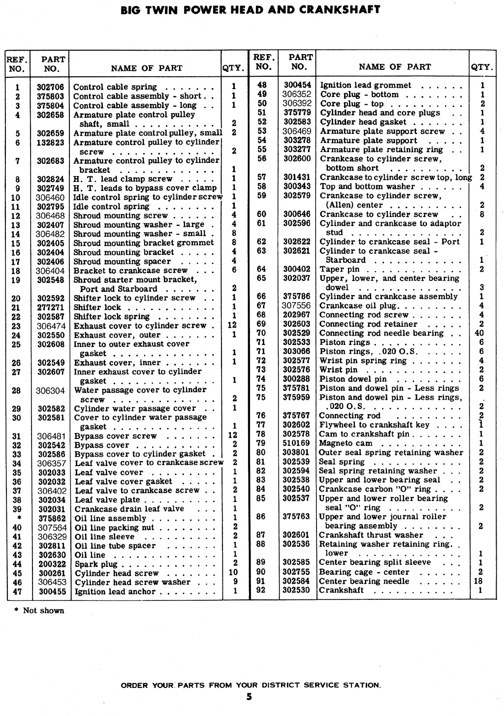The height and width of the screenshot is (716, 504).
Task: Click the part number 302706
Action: pos(51,87)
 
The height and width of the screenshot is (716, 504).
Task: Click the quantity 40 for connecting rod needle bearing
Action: pos(481,333)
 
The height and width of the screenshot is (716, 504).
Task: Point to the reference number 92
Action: pos(261,590)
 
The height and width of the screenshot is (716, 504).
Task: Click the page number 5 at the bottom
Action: pos(249,696)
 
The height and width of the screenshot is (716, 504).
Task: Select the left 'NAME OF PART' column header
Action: pos(146,68)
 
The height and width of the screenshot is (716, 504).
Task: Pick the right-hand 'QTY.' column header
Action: pos(482,67)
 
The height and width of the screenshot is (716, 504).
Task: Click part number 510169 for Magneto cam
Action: pos(296,443)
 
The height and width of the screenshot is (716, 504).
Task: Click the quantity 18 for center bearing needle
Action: pos(481,581)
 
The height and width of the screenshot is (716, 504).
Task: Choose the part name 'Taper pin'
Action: pos(340,269)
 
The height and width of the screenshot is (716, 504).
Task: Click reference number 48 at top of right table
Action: pos(261,85)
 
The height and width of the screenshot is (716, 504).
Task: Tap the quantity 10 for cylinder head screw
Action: pos(233,573)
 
